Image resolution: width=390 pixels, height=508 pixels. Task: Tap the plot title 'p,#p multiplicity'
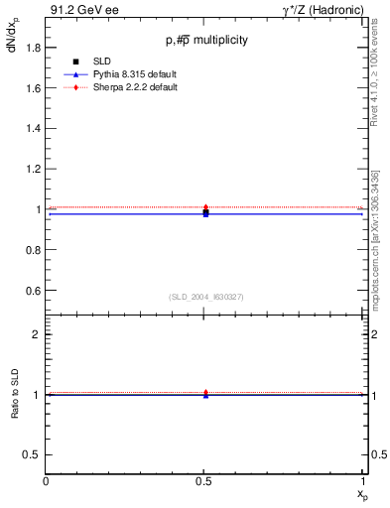coord(206,41)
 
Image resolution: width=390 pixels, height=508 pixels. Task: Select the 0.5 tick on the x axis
coord(205,481)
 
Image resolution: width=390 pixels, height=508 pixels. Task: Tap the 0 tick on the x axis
coord(47,481)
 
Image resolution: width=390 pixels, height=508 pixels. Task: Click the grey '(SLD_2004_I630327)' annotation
coord(205,297)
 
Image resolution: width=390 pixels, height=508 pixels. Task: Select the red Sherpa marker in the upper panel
coord(205,207)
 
